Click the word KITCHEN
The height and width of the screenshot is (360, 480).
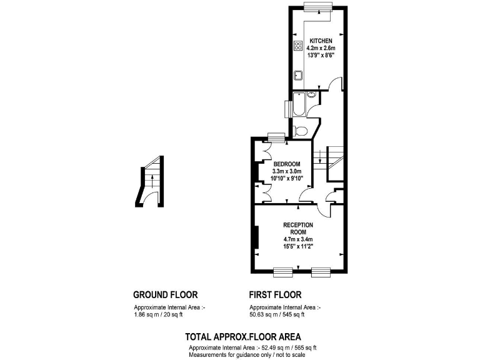click(x=321, y=41)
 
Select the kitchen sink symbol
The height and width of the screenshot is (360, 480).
click(x=299, y=76)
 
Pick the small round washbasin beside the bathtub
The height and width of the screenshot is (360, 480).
click(x=311, y=96)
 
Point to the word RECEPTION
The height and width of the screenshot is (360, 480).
click(x=298, y=224)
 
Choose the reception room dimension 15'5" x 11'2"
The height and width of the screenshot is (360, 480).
click(x=298, y=246)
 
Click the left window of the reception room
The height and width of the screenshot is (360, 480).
click(x=283, y=271)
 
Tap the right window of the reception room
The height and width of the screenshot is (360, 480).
click(x=321, y=271)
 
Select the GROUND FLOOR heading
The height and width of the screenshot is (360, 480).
click(x=166, y=294)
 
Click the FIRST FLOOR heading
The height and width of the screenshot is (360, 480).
click(x=275, y=294)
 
